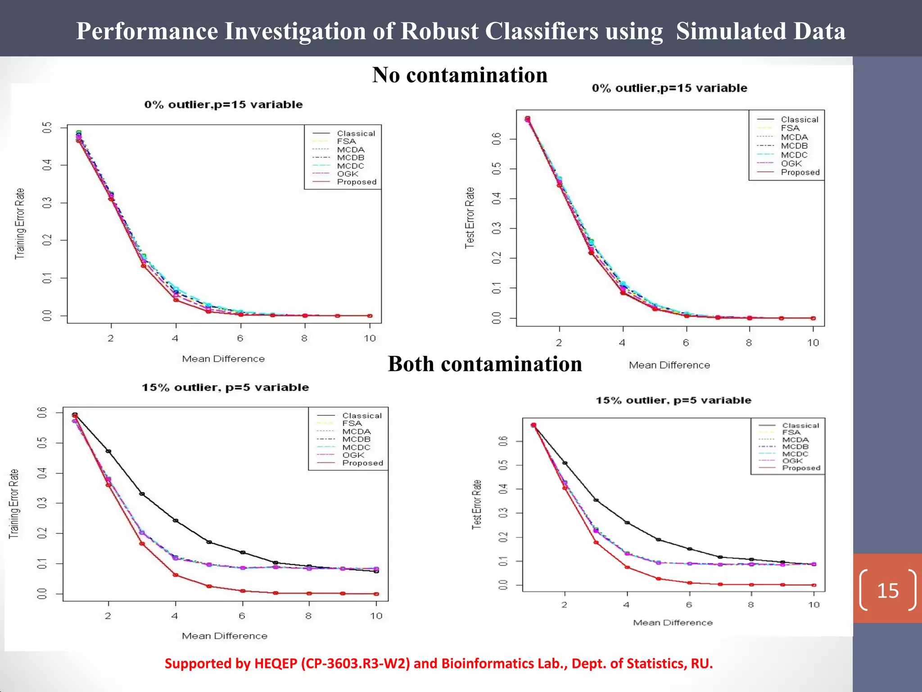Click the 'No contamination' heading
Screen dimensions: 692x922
[460, 75]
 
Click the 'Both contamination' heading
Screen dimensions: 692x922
[485, 364]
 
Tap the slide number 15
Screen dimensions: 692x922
[888, 590]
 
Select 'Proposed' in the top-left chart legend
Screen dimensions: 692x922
[357, 182]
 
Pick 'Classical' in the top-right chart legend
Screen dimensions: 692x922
[800, 119]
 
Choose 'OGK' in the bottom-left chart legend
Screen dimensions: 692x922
[353, 455]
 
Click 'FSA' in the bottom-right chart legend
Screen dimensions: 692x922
[791, 432]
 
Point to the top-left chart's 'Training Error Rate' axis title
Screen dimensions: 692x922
[20, 223]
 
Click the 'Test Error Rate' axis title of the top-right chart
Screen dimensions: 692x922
[470, 218]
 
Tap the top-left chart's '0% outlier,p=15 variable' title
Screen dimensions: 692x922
[223, 105]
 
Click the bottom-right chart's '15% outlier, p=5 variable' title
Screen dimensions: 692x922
[673, 400]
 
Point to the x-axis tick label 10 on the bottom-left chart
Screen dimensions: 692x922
[376, 616]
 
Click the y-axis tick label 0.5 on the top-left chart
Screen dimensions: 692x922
[47, 127]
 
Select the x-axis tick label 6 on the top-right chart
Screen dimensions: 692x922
[686, 343]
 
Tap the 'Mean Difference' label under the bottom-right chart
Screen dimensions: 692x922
[673, 623]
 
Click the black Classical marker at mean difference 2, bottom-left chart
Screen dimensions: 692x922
[108, 451]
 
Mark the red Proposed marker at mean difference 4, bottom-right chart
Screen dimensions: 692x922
[627, 567]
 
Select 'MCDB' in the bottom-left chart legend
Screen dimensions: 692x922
[356, 439]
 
